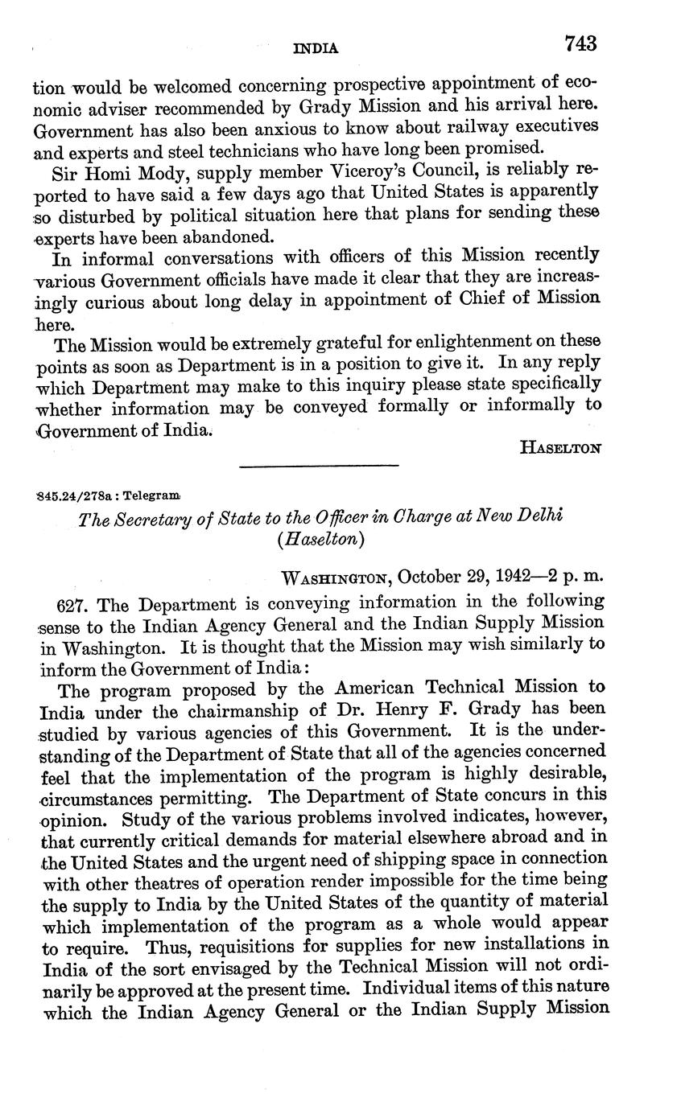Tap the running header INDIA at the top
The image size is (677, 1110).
point(316,48)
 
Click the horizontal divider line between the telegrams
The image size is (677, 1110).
point(320,465)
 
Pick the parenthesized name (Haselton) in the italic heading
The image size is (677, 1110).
point(320,540)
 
